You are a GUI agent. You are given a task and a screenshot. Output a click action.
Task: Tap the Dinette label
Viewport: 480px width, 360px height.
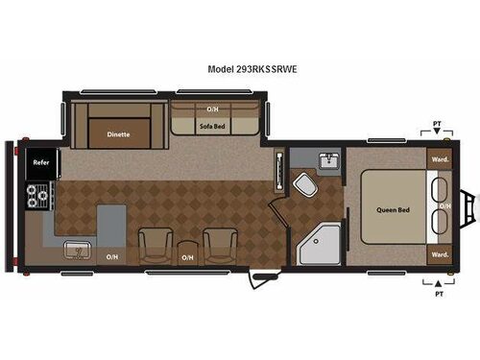point(119,135)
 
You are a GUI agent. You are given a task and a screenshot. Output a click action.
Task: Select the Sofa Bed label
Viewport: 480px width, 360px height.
point(213,125)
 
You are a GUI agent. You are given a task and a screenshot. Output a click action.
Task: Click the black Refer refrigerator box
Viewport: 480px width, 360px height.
point(42,163)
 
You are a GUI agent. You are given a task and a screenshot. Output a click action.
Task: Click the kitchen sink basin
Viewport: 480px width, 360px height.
point(76,251)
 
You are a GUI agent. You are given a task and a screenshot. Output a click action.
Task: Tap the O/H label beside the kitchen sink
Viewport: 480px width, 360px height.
point(112,256)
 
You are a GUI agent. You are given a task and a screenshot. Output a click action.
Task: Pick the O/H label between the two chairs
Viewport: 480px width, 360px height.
point(188,256)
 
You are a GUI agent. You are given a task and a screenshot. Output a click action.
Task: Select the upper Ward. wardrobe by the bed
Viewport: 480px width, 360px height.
point(440,159)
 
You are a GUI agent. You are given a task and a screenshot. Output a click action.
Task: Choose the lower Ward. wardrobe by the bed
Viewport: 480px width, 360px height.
point(440,254)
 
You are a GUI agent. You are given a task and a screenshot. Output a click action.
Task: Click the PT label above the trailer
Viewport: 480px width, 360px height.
point(438,124)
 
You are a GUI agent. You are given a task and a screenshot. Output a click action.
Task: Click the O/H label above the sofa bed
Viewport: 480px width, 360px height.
point(213,108)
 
